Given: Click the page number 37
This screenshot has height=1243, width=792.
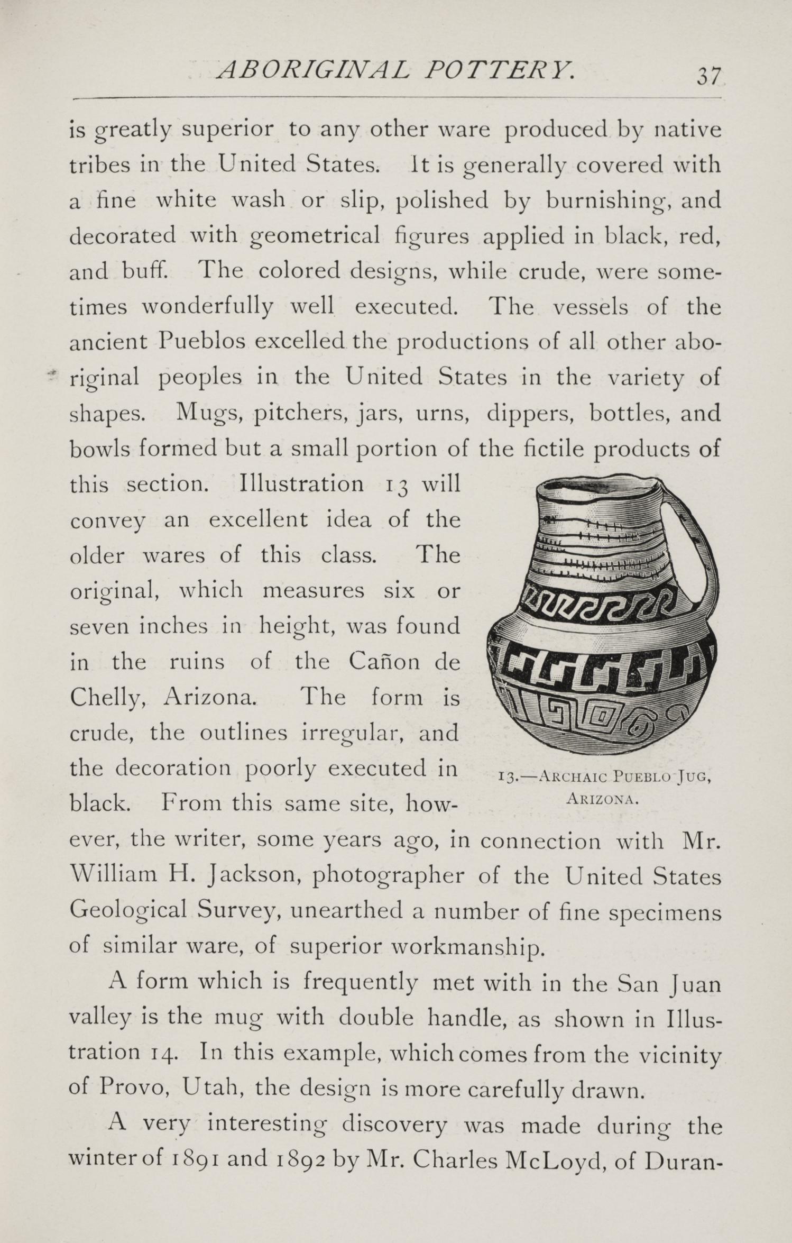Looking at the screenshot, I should click(708, 77).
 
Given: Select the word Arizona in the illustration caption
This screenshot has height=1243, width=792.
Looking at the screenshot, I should click(603, 799).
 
